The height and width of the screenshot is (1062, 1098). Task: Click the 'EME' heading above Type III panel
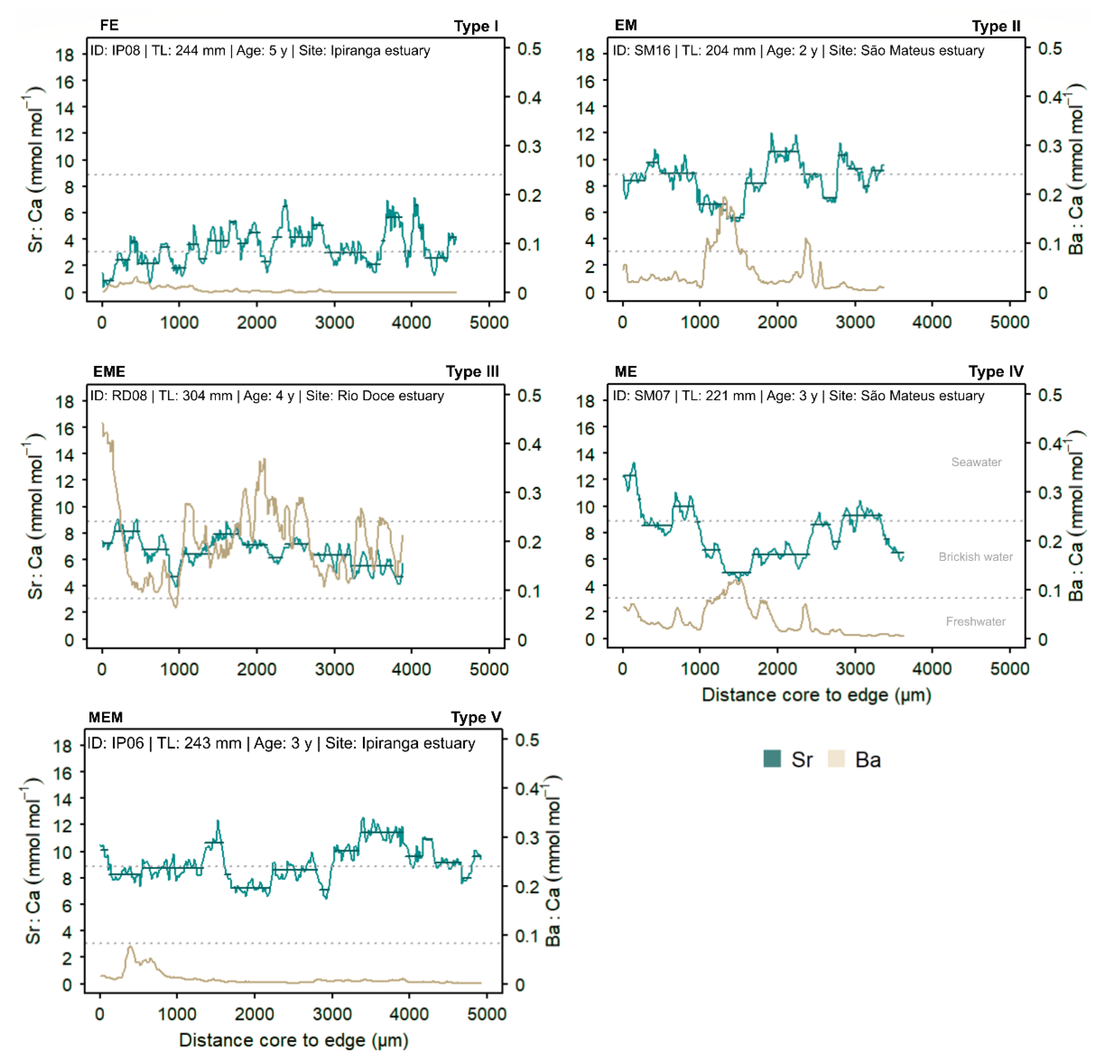coord(109,371)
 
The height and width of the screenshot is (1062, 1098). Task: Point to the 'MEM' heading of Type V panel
coord(105,717)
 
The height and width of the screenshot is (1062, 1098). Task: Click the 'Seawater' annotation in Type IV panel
coord(976,461)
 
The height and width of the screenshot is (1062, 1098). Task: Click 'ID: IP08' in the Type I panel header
coord(115,50)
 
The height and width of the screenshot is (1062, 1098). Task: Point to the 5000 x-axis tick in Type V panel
coord(486,1013)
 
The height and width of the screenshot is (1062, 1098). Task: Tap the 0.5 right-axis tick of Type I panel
coord(529,49)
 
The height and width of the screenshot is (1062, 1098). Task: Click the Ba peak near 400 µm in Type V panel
coord(130,946)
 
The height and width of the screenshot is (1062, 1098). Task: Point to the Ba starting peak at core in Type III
coord(103,424)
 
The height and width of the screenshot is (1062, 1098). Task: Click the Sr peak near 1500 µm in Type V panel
coord(218,821)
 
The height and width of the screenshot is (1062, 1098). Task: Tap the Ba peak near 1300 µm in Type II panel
coord(724,198)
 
